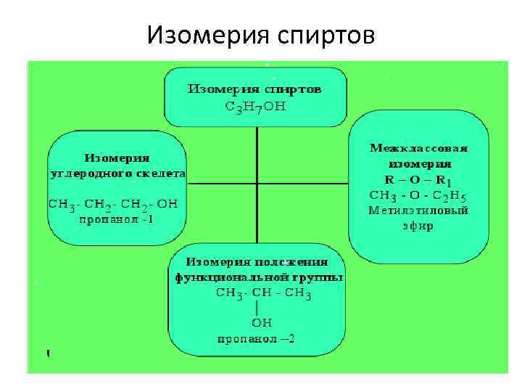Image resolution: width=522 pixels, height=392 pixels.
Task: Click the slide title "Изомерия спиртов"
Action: pyautogui.click(x=261, y=35)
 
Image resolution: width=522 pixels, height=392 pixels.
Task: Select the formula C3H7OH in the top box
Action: pyautogui.click(x=255, y=107)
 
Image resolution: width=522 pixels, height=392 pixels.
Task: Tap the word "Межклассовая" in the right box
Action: pyautogui.click(x=418, y=148)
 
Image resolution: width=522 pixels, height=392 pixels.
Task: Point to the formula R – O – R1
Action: pyautogui.click(x=418, y=179)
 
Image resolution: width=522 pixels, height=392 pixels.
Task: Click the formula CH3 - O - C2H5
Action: pyautogui.click(x=418, y=195)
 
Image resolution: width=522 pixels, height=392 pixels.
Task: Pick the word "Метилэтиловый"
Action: pyautogui.click(x=418, y=211)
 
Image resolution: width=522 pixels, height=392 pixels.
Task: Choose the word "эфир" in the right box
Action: pyautogui.click(x=418, y=226)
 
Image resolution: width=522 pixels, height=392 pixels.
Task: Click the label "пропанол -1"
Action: pyautogui.click(x=117, y=219)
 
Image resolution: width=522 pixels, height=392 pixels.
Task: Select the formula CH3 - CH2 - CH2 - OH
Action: pyautogui.click(x=117, y=203)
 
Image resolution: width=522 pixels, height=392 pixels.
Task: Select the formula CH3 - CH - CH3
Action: pyautogui.click(x=263, y=293)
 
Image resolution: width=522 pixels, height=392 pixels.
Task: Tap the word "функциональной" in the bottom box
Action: pyautogui.click(x=230, y=277)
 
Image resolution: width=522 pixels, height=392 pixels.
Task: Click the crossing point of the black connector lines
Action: pyautogui.click(x=257, y=183)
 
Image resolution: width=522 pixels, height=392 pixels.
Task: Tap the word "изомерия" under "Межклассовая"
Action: pyautogui.click(x=418, y=163)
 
